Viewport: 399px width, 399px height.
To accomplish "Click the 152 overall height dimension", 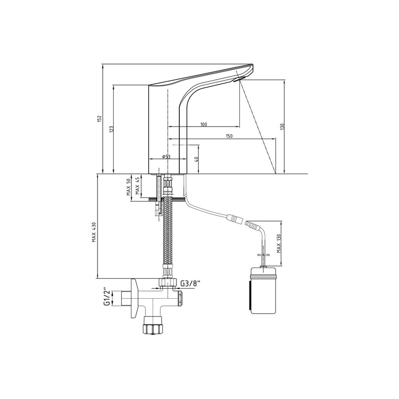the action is click(x=99, y=119).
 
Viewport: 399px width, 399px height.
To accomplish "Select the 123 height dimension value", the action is click(x=111, y=129).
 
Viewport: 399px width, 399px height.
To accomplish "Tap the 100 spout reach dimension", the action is click(x=203, y=124).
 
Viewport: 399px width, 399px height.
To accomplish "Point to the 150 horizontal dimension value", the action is click(x=229, y=136).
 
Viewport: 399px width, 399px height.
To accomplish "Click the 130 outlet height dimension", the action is click(x=282, y=127).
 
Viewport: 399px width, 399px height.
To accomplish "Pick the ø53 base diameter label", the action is click(x=166, y=157).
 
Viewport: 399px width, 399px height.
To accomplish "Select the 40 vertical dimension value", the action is click(x=196, y=159).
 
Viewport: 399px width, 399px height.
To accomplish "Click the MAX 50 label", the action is click(x=128, y=187).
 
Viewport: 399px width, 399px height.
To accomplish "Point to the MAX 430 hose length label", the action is click(x=94, y=232).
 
